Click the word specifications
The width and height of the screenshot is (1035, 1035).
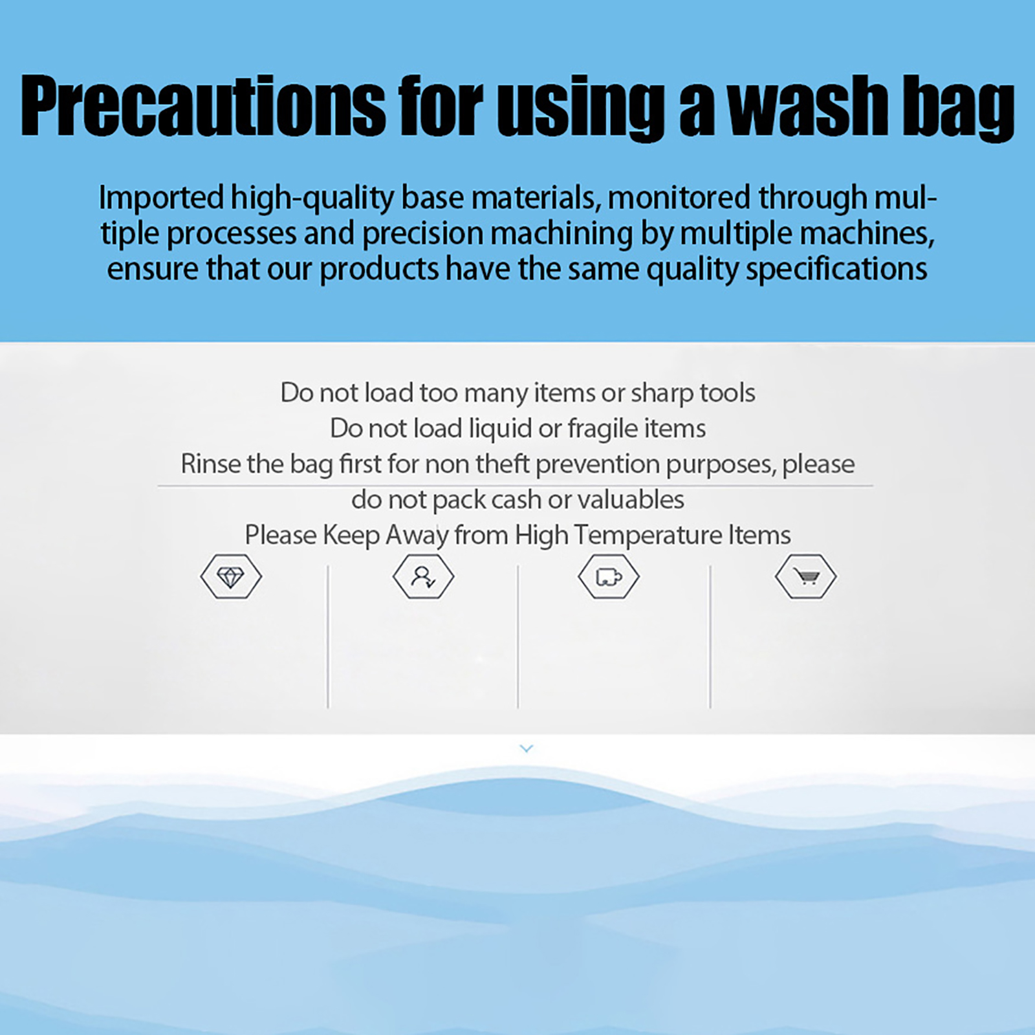836,269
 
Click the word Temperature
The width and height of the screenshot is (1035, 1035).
648,536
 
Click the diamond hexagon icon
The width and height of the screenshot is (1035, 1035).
231,576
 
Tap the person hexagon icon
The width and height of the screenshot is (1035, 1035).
423,576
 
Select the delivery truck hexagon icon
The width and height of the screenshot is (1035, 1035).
609,576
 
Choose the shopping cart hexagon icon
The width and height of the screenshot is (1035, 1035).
805,576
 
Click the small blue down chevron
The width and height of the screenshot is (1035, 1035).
527,748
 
